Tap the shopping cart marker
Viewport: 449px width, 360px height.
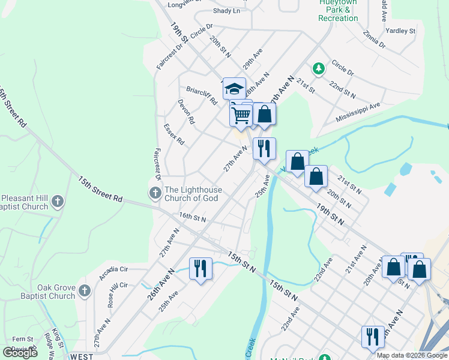(x=241, y=113)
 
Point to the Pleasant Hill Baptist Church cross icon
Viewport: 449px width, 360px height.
(x=58, y=201)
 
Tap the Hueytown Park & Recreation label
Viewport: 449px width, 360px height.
(x=338, y=11)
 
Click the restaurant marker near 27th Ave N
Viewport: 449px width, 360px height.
(x=264, y=148)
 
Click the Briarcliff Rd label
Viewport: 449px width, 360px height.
(x=201, y=96)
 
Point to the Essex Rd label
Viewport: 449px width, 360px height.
(x=174, y=134)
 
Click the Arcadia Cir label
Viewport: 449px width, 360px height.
(x=114, y=273)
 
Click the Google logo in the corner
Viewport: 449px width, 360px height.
(x=20, y=352)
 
